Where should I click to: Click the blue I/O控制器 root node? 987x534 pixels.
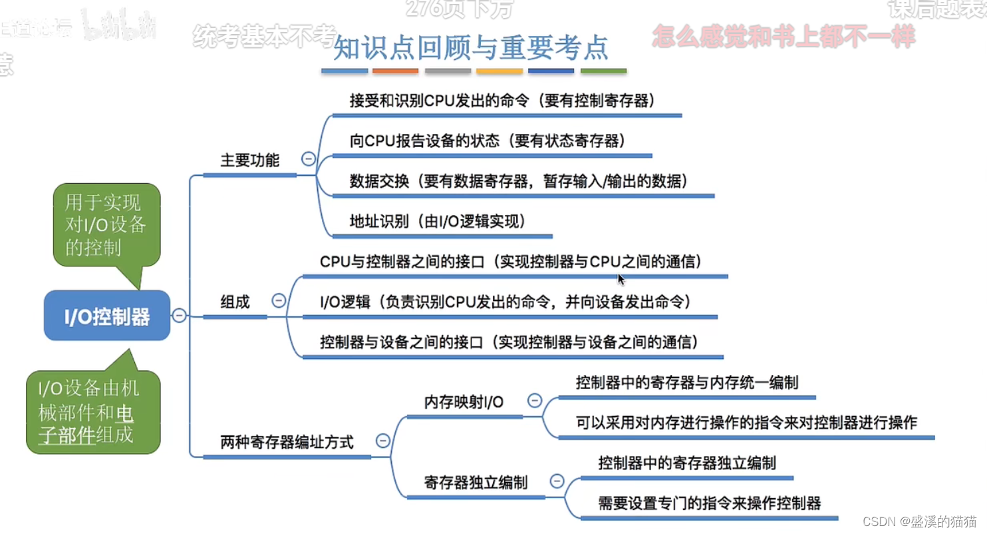(107, 316)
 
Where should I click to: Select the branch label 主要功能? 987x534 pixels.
(249, 160)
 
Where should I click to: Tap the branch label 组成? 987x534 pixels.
(235, 302)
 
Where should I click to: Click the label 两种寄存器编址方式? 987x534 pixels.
(287, 441)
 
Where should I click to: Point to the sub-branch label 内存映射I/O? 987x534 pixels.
(464, 401)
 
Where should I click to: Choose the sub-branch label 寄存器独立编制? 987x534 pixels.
(476, 481)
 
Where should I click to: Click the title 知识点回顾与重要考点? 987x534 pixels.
(470, 48)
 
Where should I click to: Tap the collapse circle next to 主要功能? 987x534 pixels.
(308, 158)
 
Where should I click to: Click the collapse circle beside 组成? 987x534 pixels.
(279, 300)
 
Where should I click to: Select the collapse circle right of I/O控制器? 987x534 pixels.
(179, 315)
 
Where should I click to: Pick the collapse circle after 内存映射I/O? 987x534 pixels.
(534, 400)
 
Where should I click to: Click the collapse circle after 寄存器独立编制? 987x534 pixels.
(557, 481)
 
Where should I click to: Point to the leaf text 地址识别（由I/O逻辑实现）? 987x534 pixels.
(438, 222)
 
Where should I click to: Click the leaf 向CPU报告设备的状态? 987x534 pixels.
(487, 141)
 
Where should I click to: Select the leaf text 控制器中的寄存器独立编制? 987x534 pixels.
(686, 462)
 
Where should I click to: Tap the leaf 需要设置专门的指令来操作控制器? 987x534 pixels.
(710, 503)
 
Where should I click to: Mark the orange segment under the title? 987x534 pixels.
(396, 71)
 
